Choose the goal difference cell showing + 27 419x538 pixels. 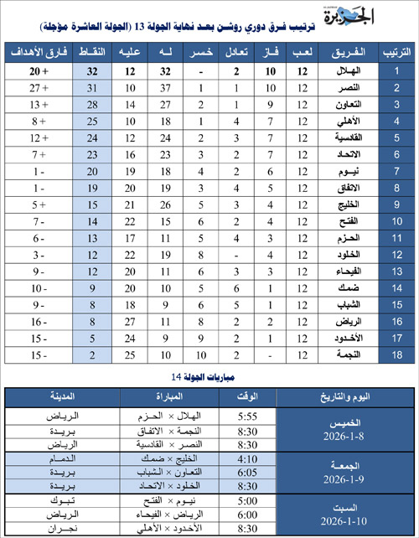(x=37, y=88)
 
